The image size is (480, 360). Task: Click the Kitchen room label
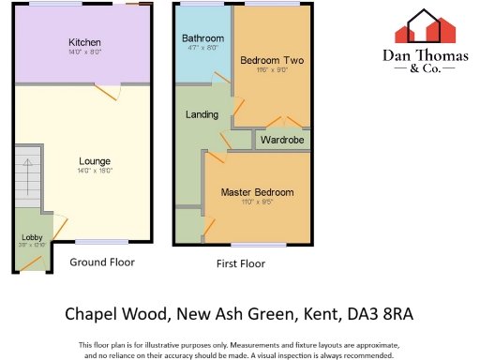click(x=84, y=43)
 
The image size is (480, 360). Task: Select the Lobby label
click(x=32, y=236)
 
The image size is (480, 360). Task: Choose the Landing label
click(x=202, y=115)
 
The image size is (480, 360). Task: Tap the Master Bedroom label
click(x=257, y=192)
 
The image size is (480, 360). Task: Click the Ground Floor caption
click(x=102, y=262)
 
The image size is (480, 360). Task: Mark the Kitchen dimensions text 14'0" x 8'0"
click(x=84, y=53)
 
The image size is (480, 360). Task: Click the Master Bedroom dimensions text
click(x=257, y=202)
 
